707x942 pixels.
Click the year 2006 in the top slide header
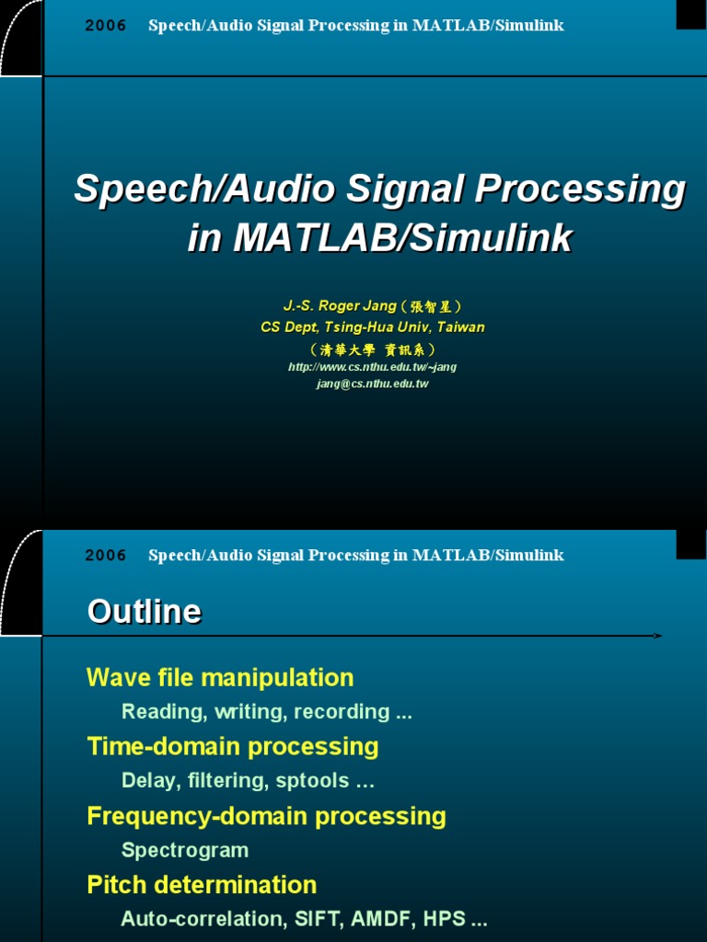[x=106, y=26]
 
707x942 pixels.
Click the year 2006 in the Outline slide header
[x=106, y=556]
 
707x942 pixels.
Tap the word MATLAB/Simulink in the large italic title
[x=402, y=238]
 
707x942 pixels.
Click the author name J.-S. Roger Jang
[x=340, y=306]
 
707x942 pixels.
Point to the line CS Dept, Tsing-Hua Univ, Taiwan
[x=372, y=327]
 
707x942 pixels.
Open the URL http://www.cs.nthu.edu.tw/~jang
[x=372, y=367]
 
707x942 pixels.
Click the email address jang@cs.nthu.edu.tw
[x=372, y=384]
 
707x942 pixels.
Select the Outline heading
[x=144, y=612]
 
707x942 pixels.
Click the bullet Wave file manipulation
[x=220, y=678]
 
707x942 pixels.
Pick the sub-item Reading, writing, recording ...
[x=266, y=712]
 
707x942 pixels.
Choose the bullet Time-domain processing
[x=232, y=746]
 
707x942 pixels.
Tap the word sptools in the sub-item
[x=314, y=781]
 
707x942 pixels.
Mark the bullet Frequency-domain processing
[x=266, y=816]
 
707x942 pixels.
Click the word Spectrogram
[x=185, y=850]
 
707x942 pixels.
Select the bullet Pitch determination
[x=202, y=885]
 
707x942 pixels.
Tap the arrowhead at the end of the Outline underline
[x=657, y=636]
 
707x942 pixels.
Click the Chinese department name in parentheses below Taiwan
[x=372, y=350]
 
